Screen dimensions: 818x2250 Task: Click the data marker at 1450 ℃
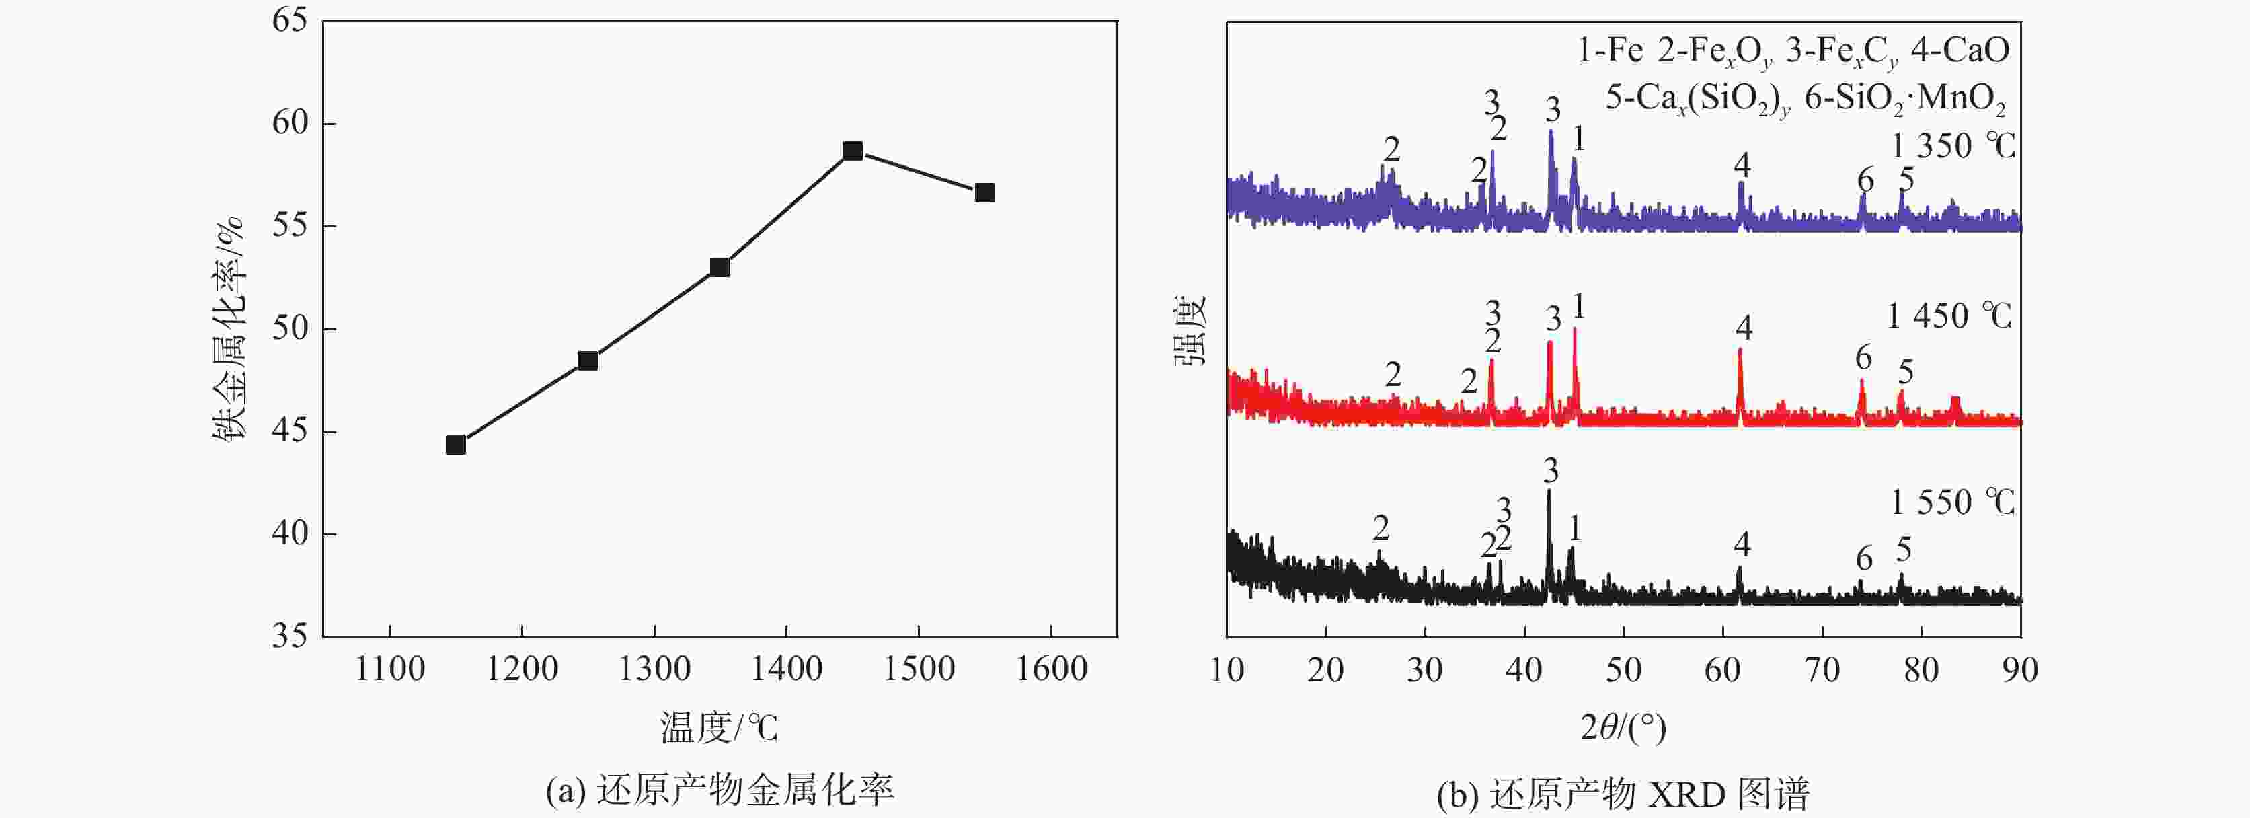click(x=853, y=151)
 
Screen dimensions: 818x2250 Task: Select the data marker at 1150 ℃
click(x=455, y=445)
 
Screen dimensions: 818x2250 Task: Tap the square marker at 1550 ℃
click(x=984, y=193)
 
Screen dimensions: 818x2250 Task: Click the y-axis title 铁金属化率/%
click(x=229, y=328)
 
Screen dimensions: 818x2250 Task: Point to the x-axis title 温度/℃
click(x=719, y=727)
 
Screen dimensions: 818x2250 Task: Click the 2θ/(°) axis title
click(x=1623, y=727)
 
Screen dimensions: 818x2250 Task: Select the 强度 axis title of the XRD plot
click(x=1190, y=328)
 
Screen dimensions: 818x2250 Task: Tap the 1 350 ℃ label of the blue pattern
click(x=1953, y=145)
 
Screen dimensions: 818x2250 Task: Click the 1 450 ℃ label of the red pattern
click(x=1949, y=315)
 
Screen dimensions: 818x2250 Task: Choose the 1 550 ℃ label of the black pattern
click(x=1953, y=502)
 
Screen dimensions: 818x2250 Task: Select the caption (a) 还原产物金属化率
click(x=720, y=791)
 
